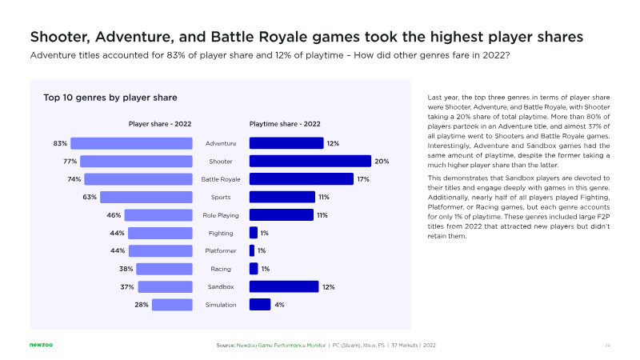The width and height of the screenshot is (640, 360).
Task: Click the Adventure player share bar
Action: [132, 143]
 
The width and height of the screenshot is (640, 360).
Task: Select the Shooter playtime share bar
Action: [310, 161]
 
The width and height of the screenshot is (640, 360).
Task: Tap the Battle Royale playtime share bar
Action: [302, 179]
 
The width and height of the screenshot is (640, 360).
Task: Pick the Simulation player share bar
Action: [172, 305]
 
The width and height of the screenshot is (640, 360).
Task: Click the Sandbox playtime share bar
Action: [284, 286]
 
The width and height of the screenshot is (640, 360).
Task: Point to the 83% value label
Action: [60, 143]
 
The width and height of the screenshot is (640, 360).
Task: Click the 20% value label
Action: [382, 161]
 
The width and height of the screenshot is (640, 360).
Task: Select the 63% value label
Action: [90, 197]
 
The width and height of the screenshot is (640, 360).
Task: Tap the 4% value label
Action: [279, 305]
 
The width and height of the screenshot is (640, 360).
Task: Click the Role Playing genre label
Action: [221, 215]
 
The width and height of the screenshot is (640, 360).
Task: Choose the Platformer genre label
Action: [221, 250]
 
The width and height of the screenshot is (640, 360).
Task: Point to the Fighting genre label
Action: [221, 233]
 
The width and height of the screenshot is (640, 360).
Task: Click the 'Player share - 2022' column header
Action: [160, 124]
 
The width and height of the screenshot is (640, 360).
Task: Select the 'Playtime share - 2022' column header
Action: [285, 124]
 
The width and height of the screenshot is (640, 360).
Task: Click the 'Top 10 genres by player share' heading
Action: [110, 98]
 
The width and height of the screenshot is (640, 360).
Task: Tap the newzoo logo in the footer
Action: [42, 345]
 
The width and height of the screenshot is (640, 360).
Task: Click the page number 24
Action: [608, 345]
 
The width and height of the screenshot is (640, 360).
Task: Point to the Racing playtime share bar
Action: [254, 269]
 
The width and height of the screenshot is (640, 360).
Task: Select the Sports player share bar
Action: [146, 197]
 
